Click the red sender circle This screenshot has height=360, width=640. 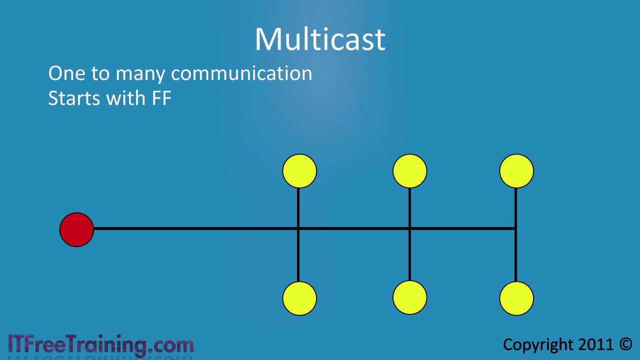[76, 229]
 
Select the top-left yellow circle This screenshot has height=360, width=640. [299, 171]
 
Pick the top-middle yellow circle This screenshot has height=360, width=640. [409, 171]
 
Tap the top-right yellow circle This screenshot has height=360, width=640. [516, 171]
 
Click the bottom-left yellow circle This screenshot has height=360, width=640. [299, 298]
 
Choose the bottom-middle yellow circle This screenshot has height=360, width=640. [409, 297]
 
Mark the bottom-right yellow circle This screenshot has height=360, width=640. [516, 298]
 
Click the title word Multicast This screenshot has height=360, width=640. [320, 39]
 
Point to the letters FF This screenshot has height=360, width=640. [161, 98]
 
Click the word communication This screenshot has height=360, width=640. [241, 73]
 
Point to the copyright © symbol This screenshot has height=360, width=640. [625, 344]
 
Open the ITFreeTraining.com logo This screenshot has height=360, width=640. [101, 345]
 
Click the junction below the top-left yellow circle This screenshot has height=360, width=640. [298, 228]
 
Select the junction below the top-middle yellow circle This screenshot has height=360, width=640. [409, 228]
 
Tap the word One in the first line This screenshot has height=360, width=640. [67, 73]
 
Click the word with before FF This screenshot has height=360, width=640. [126, 98]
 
